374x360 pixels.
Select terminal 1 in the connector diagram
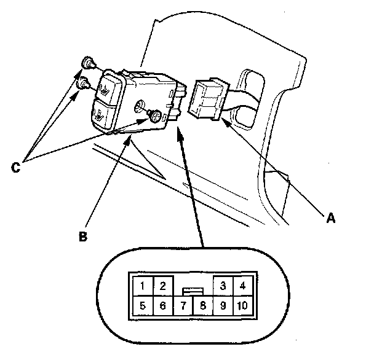(143, 285)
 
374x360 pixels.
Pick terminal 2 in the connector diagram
(162, 285)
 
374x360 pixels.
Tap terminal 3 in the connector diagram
(223, 285)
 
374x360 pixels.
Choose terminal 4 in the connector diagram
(242, 285)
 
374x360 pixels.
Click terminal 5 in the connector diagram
(143, 305)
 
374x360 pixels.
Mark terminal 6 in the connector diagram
(162, 305)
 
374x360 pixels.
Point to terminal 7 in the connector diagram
(183, 305)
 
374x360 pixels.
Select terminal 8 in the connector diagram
(202, 305)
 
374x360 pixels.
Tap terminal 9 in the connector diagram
(223, 305)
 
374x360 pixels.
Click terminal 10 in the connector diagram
(242, 305)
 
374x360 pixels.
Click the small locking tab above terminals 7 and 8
(193, 289)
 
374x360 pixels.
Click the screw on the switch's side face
(156, 115)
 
